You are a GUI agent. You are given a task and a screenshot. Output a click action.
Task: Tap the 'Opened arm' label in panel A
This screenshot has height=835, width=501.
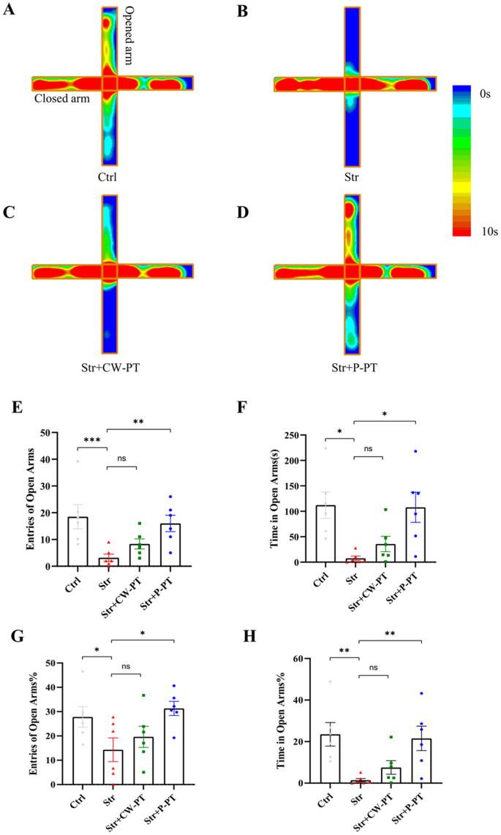[129, 37]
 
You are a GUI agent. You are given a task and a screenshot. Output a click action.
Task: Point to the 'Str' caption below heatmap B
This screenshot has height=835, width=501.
[353, 176]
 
